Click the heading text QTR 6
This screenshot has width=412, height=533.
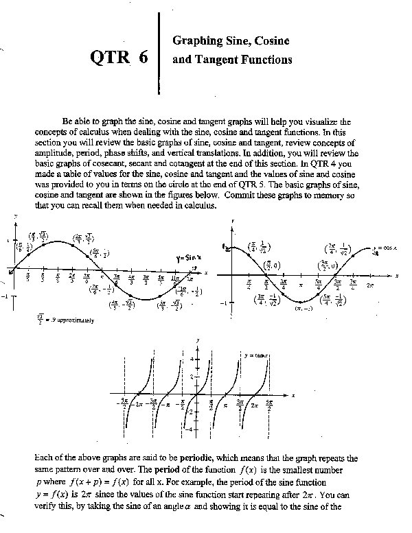(x=119, y=58)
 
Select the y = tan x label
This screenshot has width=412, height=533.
(x=256, y=355)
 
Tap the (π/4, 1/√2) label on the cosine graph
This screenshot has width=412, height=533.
(x=258, y=249)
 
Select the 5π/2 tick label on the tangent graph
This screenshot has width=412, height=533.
(x=269, y=404)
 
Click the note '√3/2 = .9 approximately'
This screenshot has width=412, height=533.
(x=63, y=319)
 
